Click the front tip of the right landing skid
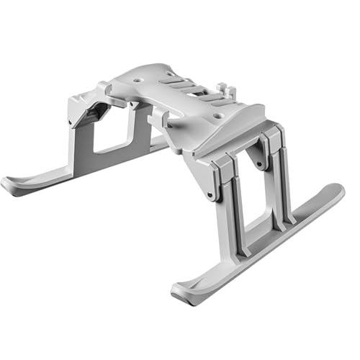tap(181, 294)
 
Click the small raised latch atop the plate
tap(231, 91)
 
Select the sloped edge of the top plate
tap(238, 126)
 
